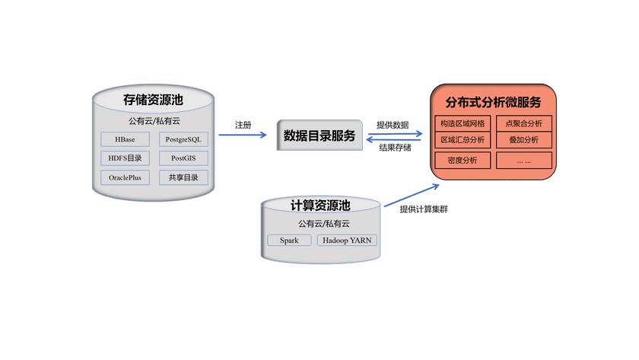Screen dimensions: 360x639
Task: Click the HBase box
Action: tap(125, 139)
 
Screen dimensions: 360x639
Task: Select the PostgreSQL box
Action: tap(183, 139)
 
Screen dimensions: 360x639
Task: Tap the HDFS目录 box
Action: tap(125, 158)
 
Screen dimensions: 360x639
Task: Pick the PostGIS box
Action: tap(183, 158)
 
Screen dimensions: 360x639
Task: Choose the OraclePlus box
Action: tap(125, 177)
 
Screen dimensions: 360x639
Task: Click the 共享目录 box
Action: tap(183, 177)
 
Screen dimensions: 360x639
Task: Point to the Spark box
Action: tap(289, 240)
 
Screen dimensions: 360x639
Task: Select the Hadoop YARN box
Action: tap(347, 240)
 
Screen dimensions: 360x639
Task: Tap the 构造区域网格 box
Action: tap(463, 123)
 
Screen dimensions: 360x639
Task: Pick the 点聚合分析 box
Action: tap(524, 123)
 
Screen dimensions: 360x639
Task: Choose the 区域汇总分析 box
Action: tap(463, 140)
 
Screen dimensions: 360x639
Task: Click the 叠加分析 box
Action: tap(524, 140)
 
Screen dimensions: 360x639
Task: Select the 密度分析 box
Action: tap(463, 160)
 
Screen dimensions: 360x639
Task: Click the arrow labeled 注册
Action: tap(243, 135)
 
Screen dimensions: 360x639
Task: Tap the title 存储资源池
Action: tap(154, 100)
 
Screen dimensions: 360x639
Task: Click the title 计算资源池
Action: tap(320, 205)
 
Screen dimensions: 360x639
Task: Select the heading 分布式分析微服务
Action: tap(493, 102)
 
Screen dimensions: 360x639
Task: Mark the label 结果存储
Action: tap(396, 148)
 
